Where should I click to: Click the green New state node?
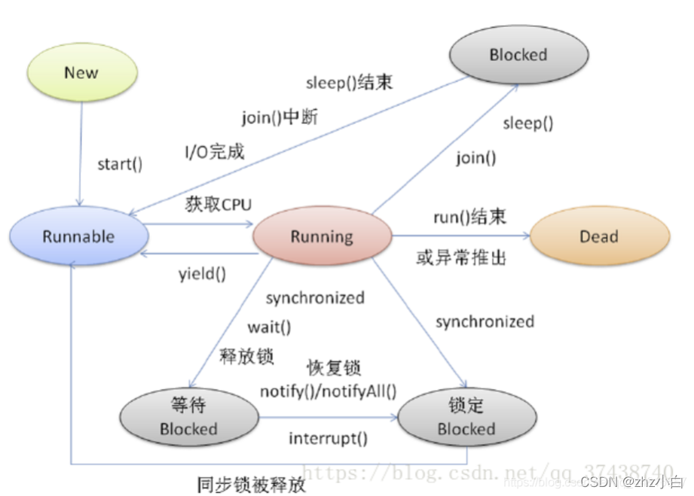(81, 72)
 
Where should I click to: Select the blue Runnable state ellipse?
(78, 236)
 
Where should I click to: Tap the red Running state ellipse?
(322, 236)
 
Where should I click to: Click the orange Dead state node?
(599, 236)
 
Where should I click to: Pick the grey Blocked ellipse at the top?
(518, 54)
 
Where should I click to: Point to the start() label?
(120, 164)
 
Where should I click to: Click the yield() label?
(202, 274)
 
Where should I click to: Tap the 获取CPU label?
(219, 204)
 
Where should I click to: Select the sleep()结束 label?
(349, 83)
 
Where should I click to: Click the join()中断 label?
(280, 118)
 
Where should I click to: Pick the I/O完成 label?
(216, 151)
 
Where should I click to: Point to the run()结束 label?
(469, 218)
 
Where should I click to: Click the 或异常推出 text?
(461, 257)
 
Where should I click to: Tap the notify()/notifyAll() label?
(328, 391)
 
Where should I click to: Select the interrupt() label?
(329, 438)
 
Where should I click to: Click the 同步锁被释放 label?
(251, 484)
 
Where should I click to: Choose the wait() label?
(269, 327)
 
